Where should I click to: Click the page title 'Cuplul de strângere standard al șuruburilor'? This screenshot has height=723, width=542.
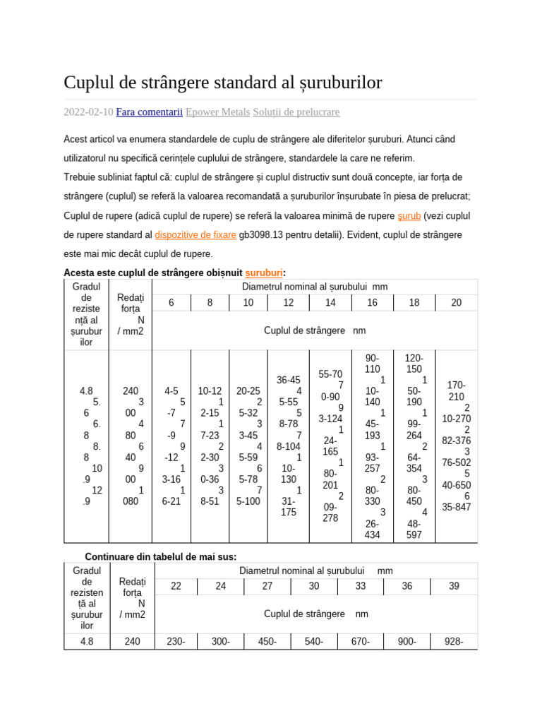(x=222, y=83)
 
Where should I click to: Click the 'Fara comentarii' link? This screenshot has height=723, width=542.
(x=149, y=112)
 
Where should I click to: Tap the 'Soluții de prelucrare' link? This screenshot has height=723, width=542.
(x=296, y=112)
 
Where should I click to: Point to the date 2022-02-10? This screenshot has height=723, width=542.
(x=88, y=112)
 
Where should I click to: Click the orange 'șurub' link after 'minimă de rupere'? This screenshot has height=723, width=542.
(x=409, y=215)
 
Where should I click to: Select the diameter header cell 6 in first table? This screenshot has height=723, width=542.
(x=171, y=303)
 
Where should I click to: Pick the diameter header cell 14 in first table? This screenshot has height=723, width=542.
(x=330, y=303)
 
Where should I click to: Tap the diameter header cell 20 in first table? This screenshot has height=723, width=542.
(x=456, y=303)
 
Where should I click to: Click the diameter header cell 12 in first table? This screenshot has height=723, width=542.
(x=289, y=303)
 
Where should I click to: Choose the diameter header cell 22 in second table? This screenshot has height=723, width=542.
(x=176, y=586)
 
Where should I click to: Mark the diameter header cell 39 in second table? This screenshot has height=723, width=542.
(x=454, y=586)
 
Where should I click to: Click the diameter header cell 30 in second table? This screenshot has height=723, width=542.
(x=313, y=586)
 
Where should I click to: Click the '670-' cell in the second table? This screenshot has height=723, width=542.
(x=361, y=641)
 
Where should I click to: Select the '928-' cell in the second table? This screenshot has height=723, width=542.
(x=454, y=641)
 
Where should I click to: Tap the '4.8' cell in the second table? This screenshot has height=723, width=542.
(x=87, y=641)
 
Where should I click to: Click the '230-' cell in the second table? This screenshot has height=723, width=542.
(x=176, y=641)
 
